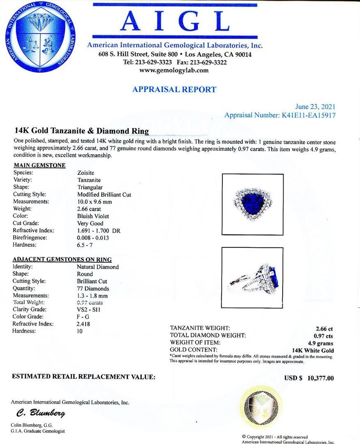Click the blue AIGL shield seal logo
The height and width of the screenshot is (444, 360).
(40, 37)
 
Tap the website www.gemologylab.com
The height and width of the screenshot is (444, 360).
(174, 70)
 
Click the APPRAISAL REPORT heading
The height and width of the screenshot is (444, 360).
(174, 89)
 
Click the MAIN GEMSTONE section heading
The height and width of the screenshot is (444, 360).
(39, 165)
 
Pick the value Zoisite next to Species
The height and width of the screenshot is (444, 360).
(86, 173)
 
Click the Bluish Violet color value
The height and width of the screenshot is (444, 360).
(93, 216)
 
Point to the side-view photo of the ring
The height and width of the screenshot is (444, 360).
(253, 274)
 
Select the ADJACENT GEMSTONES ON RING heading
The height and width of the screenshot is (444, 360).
(62, 259)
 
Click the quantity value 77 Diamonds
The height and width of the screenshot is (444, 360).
(93, 289)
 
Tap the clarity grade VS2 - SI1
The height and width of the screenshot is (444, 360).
(89, 310)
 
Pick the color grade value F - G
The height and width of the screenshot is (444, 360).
(83, 317)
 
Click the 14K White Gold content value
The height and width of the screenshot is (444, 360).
(312, 351)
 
